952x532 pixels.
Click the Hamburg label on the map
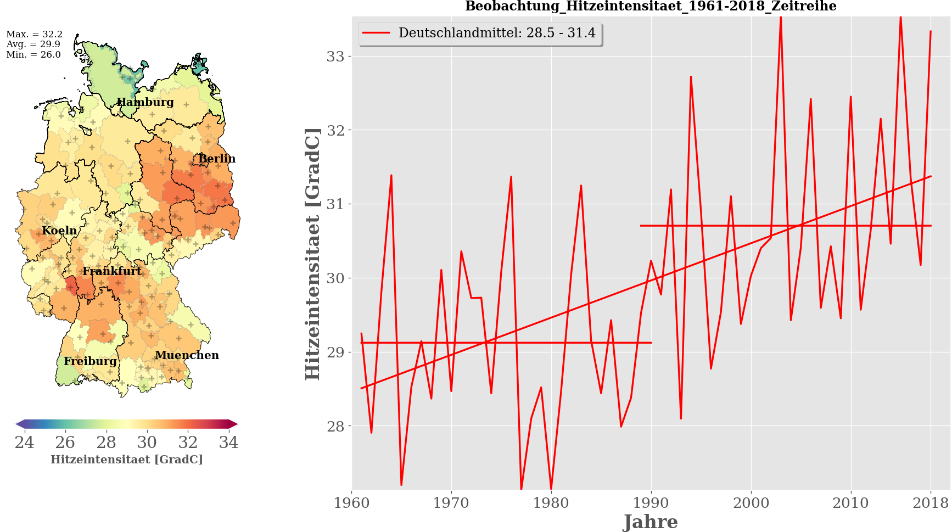145,102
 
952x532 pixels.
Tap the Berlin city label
217,159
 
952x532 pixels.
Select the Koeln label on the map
59,231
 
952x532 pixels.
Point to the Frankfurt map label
112,271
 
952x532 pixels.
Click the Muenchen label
187,355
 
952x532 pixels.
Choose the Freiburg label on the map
90,361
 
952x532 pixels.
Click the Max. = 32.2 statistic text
34,34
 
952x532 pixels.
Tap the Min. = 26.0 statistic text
33,55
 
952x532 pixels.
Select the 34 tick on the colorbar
228,443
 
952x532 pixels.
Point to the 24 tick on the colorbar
24,443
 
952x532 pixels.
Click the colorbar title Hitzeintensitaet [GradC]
127,460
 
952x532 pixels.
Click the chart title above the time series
651,6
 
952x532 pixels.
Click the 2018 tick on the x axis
931,503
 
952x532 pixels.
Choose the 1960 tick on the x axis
352,503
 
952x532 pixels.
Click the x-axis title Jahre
651,522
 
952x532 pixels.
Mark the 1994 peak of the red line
691,77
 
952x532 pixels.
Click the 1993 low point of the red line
681,419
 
